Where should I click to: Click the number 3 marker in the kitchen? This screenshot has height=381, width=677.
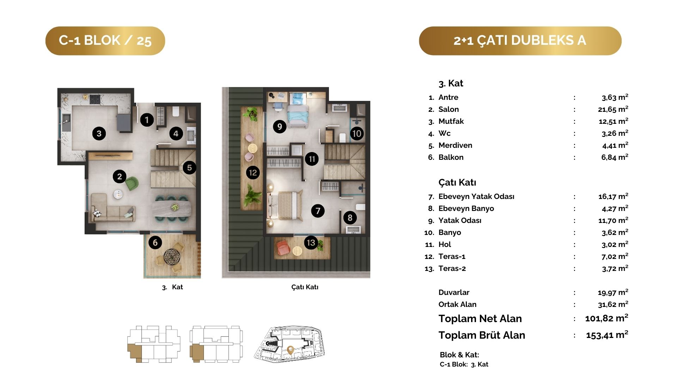point(99,133)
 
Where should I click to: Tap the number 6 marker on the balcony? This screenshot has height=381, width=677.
point(155,242)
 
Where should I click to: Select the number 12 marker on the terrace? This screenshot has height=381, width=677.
point(253,173)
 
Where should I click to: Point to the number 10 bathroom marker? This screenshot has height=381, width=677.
point(357,133)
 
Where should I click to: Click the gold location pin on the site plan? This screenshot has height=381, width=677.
point(291,350)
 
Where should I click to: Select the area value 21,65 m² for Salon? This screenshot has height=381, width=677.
point(613,109)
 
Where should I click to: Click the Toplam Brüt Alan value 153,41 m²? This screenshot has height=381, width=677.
point(607,335)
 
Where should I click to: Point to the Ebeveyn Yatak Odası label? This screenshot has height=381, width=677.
point(476,196)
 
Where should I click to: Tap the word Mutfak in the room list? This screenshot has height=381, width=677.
point(451,121)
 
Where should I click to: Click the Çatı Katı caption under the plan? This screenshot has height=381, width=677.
point(305,287)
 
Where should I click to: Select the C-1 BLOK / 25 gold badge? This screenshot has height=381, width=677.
point(105,41)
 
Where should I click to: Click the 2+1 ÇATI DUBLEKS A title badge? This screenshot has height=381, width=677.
point(520,41)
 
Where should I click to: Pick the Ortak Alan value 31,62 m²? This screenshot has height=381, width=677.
point(613,304)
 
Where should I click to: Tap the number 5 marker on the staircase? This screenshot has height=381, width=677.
point(189,168)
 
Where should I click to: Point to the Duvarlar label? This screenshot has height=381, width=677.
point(454,292)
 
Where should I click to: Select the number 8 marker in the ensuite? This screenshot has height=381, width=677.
point(350,218)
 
